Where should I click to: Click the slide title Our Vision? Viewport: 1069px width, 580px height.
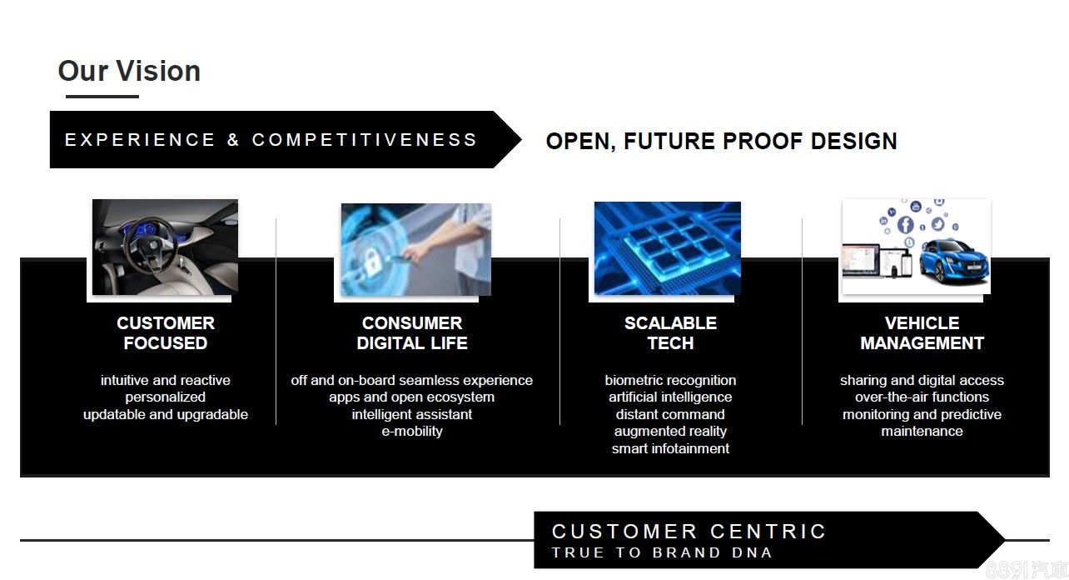(x=129, y=71)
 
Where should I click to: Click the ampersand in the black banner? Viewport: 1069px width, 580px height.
(x=233, y=140)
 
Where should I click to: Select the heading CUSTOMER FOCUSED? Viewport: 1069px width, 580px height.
(x=166, y=333)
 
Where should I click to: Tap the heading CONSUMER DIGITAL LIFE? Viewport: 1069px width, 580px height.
(x=412, y=333)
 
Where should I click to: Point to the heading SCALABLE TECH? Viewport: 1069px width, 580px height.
(x=670, y=333)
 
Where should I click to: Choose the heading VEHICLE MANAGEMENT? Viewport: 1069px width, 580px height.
(x=922, y=333)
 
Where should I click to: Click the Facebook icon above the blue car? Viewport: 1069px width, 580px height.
(x=905, y=224)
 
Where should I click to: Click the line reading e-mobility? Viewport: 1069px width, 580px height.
(x=412, y=432)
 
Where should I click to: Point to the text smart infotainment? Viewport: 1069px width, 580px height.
(x=670, y=448)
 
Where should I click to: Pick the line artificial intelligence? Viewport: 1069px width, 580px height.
(x=670, y=397)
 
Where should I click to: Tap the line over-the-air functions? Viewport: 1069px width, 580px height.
(x=922, y=397)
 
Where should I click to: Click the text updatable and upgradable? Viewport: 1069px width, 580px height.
(x=166, y=414)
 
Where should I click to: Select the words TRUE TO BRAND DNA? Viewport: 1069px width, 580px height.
(x=663, y=552)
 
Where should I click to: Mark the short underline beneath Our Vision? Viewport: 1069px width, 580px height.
(x=102, y=97)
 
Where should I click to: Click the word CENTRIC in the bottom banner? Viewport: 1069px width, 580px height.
(x=768, y=532)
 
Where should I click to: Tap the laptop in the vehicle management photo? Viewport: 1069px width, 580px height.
(x=861, y=260)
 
